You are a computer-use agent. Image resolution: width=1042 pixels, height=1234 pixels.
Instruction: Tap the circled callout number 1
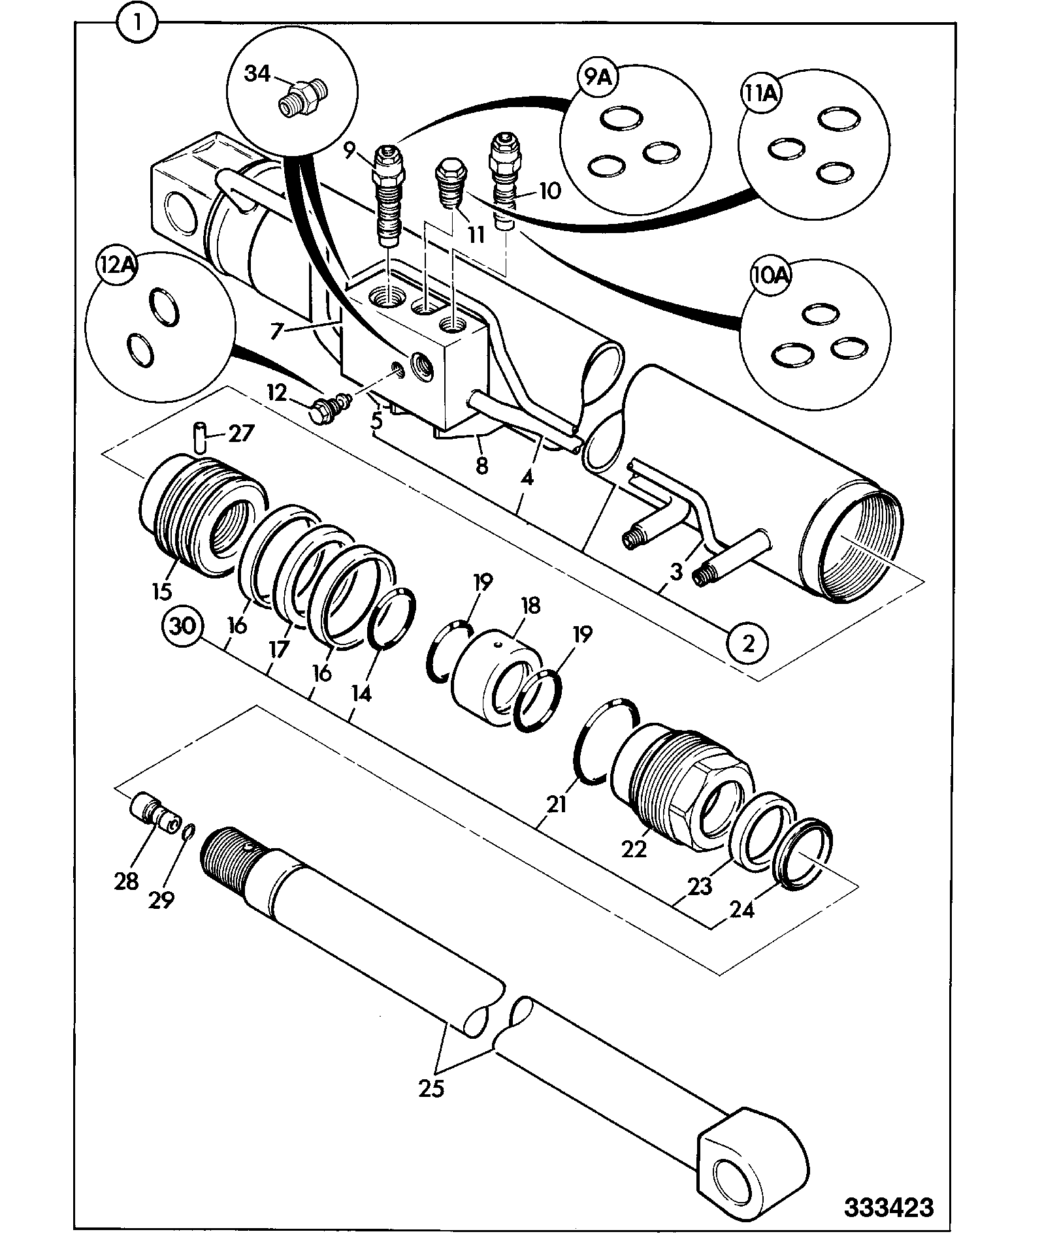tap(137, 26)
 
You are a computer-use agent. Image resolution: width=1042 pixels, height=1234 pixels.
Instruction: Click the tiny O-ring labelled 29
tap(187, 830)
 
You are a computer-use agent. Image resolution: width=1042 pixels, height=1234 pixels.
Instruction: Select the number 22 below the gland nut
tap(634, 849)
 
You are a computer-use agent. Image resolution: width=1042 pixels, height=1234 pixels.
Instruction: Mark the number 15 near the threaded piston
tap(161, 592)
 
